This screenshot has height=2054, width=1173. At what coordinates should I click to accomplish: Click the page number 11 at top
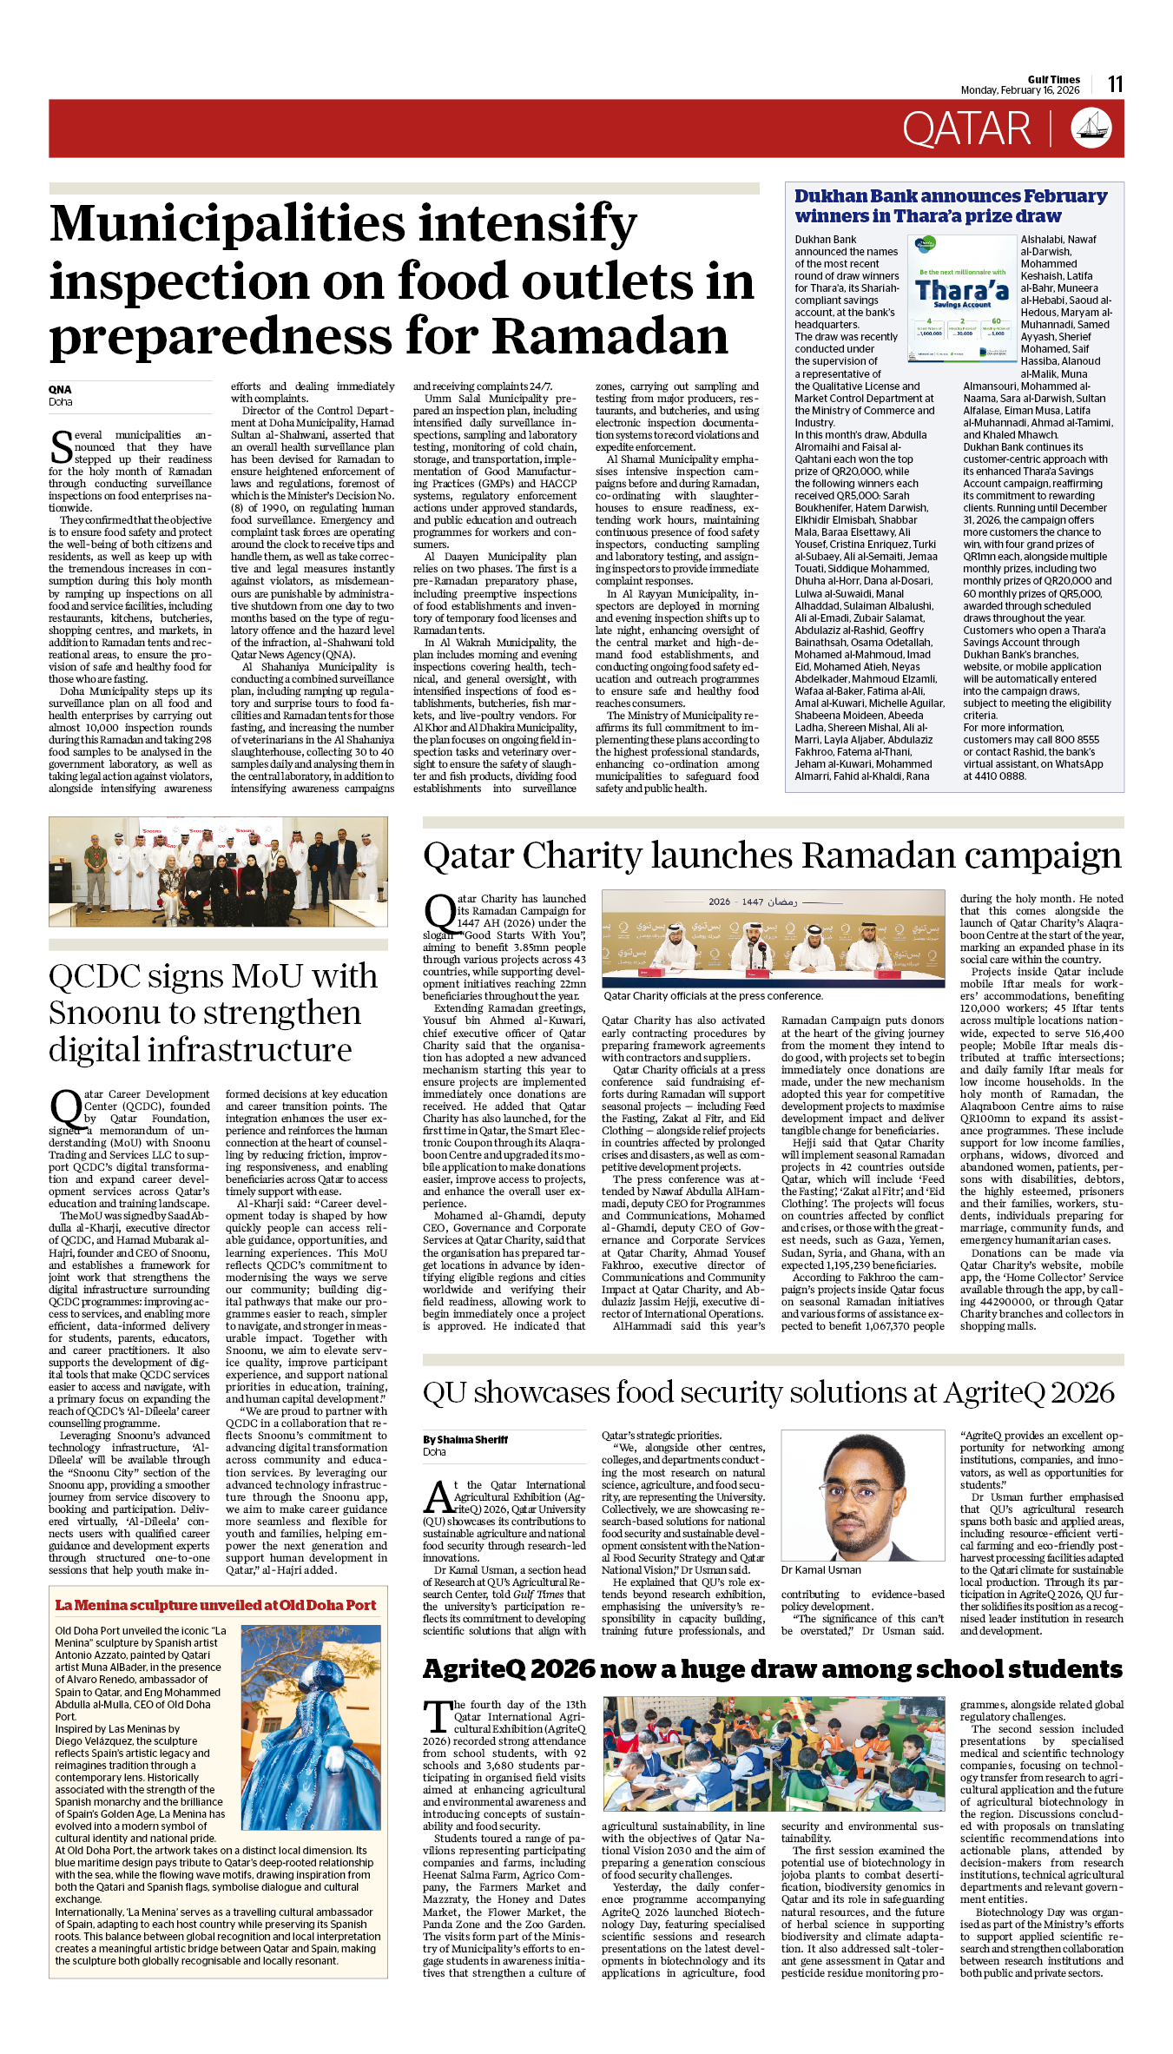1115,84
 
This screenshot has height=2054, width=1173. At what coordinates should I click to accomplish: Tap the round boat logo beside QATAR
1091,129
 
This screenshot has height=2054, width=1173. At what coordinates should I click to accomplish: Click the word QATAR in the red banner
965,129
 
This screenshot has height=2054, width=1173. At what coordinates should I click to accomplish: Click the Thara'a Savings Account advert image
962,298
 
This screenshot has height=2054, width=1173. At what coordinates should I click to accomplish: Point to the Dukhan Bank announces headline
951,206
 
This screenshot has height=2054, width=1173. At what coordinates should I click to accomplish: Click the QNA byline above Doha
60,390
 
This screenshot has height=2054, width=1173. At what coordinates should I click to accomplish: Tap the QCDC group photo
218,871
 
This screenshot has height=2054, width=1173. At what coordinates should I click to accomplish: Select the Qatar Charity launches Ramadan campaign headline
772,855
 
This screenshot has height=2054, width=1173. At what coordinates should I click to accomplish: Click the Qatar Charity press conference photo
773,938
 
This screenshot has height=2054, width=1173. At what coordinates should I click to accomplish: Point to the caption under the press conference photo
713,996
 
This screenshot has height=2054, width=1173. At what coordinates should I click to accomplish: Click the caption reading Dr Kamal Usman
820,1569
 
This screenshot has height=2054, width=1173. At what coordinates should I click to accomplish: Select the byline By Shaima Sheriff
465,1440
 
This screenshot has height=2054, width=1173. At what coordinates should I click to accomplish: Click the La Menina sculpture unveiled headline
215,1605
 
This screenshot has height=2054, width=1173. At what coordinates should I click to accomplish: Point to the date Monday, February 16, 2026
1019,90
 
